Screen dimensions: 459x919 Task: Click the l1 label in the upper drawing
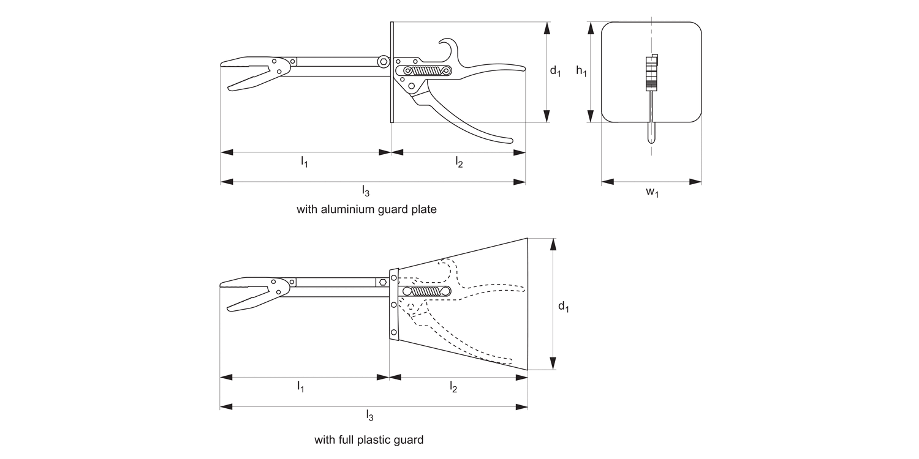pos(304,162)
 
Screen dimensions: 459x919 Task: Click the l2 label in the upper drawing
pos(459,162)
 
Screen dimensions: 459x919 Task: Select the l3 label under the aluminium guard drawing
pos(366,192)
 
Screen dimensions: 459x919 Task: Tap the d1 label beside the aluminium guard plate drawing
pos(555,72)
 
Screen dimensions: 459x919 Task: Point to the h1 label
pos(581,71)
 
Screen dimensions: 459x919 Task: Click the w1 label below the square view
pos(652,192)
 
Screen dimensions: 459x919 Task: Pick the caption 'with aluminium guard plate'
pos(366,209)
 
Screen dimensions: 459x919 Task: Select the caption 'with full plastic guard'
pos(369,439)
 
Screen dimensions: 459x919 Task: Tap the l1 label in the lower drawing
pos(301,387)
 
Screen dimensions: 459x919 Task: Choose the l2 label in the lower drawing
pos(453,387)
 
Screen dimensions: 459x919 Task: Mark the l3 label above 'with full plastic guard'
pos(369,416)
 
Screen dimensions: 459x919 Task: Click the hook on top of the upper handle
pos(447,44)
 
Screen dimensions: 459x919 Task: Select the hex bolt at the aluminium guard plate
pos(384,61)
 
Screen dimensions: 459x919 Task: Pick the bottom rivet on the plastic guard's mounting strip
pos(394,332)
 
